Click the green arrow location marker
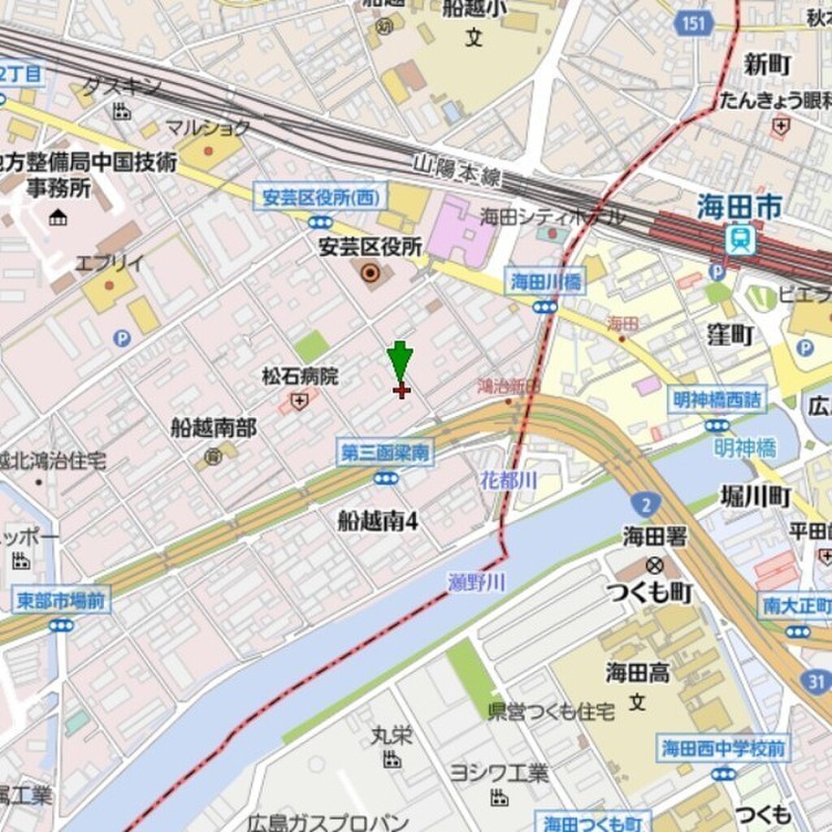point(400,359)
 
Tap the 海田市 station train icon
point(740,240)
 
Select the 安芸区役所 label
point(370,247)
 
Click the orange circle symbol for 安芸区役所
point(370,273)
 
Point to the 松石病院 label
point(300,377)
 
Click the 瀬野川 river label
point(477,582)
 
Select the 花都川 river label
point(509,480)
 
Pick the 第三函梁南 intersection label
point(385,453)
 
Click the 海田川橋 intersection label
point(545,282)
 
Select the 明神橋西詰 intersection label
point(717,400)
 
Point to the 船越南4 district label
point(378,521)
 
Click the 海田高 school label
point(637,672)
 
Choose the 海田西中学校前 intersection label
point(723,748)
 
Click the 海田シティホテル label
point(552,216)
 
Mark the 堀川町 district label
point(756,496)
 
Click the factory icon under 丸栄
point(392,760)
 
